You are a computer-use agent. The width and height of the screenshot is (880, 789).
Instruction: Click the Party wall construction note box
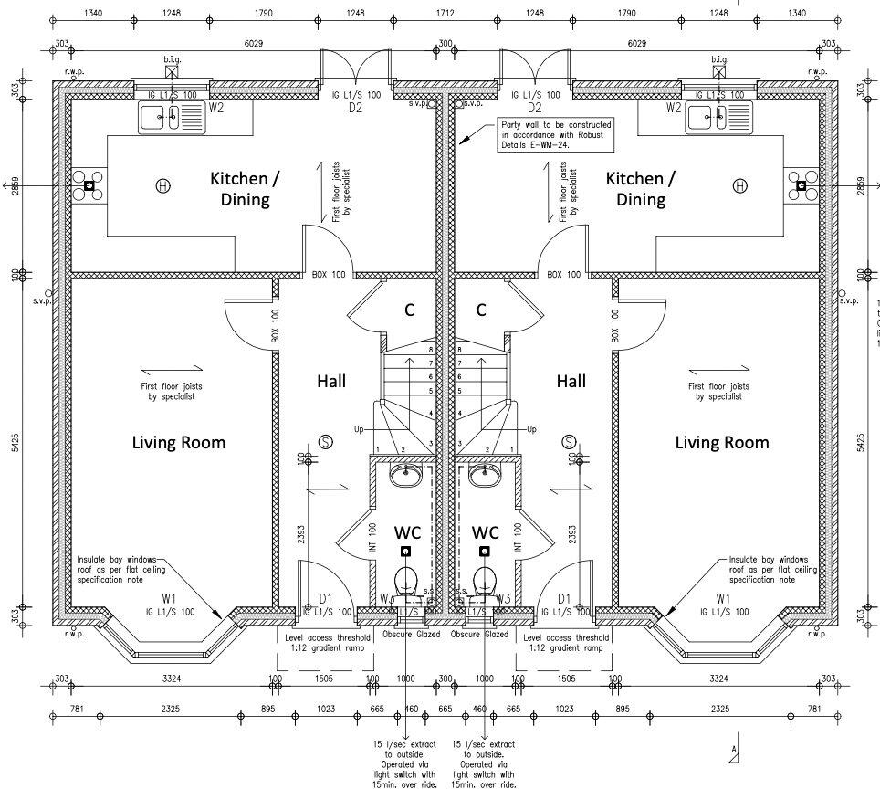(x=554, y=136)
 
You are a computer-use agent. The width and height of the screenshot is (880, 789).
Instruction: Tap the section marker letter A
(x=732, y=750)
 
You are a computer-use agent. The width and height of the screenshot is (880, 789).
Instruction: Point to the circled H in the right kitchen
(x=739, y=186)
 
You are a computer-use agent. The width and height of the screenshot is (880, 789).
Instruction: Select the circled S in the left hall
(x=326, y=442)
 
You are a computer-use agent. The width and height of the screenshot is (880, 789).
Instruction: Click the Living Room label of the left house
(x=179, y=443)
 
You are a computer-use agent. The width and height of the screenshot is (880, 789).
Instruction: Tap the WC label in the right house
(x=486, y=531)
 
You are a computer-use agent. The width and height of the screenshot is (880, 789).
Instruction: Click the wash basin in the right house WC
(x=484, y=475)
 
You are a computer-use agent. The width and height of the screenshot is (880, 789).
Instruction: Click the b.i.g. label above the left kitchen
(x=172, y=58)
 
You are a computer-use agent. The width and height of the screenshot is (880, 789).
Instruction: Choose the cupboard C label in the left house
(x=410, y=310)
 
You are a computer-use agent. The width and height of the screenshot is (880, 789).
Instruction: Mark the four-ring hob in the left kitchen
(x=89, y=186)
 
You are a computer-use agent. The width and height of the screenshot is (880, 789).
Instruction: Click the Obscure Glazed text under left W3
(x=411, y=634)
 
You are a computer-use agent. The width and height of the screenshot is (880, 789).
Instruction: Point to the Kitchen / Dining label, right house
(x=641, y=187)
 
